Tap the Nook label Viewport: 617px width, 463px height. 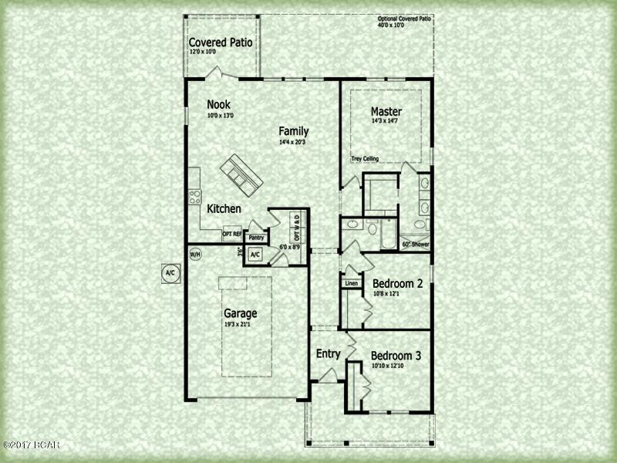(218, 105)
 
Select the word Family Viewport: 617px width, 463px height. (294, 131)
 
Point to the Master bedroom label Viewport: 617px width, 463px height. (386, 111)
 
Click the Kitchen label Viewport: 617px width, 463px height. (224, 209)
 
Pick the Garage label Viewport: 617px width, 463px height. (240, 313)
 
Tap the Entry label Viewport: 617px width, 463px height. (329, 354)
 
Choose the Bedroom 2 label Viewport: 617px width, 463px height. (397, 283)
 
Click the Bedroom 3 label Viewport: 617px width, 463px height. (396, 356)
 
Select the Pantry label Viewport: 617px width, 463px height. (256, 238)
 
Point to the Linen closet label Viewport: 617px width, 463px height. (352, 283)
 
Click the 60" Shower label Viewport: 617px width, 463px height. (416, 245)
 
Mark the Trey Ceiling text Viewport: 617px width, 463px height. (366, 159)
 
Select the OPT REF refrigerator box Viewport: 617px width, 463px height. (232, 234)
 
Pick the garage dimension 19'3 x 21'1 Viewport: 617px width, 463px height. (240, 325)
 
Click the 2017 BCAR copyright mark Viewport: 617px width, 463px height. (31, 445)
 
